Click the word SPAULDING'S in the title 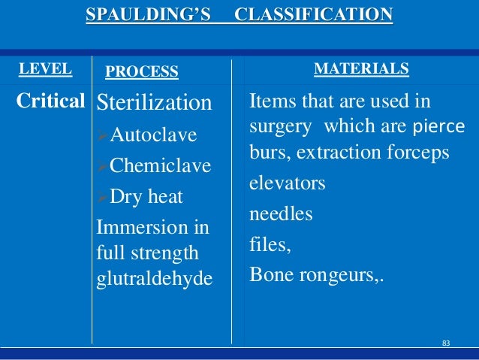pos(149,14)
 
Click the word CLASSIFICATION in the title pos(313,14)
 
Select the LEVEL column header pos(45,69)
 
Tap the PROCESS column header pos(142,71)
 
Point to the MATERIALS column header pos(360,69)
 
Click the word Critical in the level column pos(50,101)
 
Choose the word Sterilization pos(155,102)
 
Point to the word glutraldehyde pos(155,278)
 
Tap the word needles pos(281,213)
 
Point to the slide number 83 pos(446,343)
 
